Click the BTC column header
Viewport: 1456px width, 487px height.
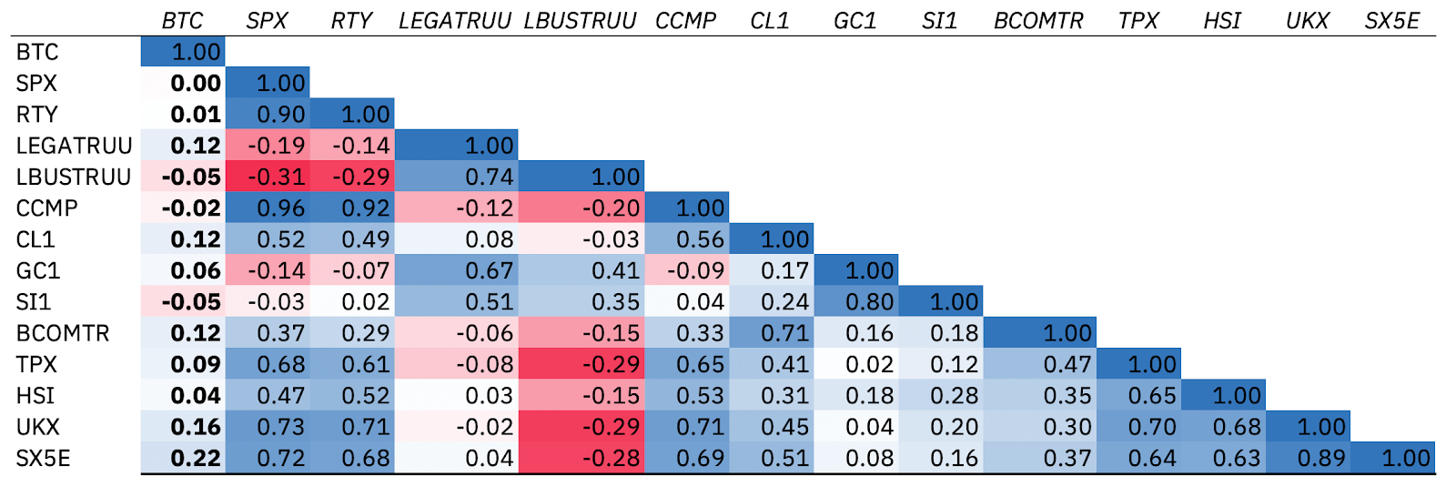[182, 20]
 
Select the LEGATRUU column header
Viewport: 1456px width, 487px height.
[455, 20]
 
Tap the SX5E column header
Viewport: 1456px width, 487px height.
[1391, 20]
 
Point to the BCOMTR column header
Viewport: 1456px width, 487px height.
[1038, 20]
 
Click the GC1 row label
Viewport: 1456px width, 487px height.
[38, 270]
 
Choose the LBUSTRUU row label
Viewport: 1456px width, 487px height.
[74, 177]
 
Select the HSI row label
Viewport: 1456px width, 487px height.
[35, 395]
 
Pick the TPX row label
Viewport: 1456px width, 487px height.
[36, 364]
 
